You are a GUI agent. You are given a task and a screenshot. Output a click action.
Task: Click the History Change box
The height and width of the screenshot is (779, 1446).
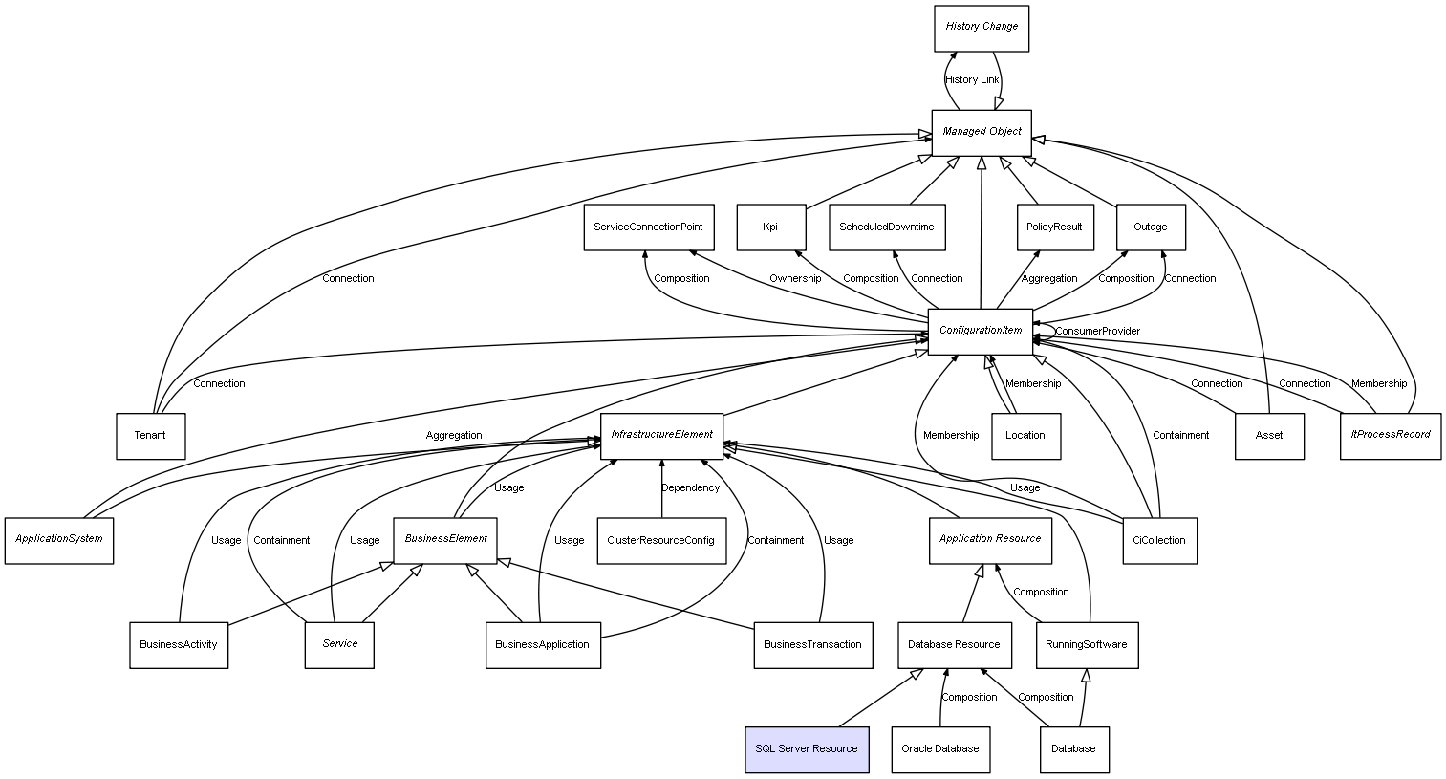[x=982, y=28]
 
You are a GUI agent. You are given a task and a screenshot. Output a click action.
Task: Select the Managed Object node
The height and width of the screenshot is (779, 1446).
[x=982, y=132]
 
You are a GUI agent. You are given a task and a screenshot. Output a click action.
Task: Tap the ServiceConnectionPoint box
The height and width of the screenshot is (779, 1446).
[x=648, y=227]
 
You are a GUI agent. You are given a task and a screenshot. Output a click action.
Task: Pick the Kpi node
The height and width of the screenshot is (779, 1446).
[x=771, y=227]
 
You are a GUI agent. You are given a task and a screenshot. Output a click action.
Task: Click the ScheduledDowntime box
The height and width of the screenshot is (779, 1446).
[x=887, y=227]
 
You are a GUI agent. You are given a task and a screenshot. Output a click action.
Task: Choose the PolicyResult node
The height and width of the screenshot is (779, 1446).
[x=1054, y=227]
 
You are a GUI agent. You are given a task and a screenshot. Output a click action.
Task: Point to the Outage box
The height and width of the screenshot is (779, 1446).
[x=1151, y=227]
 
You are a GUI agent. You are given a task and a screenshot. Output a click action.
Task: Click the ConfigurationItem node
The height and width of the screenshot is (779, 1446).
[x=981, y=332]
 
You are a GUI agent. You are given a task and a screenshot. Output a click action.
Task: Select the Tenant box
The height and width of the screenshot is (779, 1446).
[x=150, y=436]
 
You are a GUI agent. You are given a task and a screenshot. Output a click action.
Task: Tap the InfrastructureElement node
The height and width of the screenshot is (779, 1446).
[x=661, y=436]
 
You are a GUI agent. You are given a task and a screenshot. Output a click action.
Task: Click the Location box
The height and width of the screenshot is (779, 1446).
[x=1025, y=436]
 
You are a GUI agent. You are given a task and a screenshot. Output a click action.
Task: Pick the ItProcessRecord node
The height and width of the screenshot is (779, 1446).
[x=1391, y=436]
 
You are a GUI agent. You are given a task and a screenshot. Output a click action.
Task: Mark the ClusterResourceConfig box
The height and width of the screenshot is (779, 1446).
[x=660, y=541]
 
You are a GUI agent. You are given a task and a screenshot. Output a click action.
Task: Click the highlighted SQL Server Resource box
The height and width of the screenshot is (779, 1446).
[x=807, y=748]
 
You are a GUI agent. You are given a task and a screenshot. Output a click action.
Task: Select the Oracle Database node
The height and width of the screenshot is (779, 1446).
[x=940, y=748]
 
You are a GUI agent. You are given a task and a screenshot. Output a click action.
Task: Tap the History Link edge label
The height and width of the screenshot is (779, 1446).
[x=971, y=80]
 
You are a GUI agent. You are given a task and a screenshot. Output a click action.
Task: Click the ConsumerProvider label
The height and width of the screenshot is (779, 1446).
[x=1097, y=332]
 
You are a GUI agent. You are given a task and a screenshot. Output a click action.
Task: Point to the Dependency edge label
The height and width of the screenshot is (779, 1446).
[x=691, y=488]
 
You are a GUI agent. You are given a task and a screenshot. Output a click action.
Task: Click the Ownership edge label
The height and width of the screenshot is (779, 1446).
[x=795, y=279]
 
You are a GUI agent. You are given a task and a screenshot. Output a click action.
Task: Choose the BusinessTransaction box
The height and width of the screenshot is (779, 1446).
[x=812, y=645]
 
